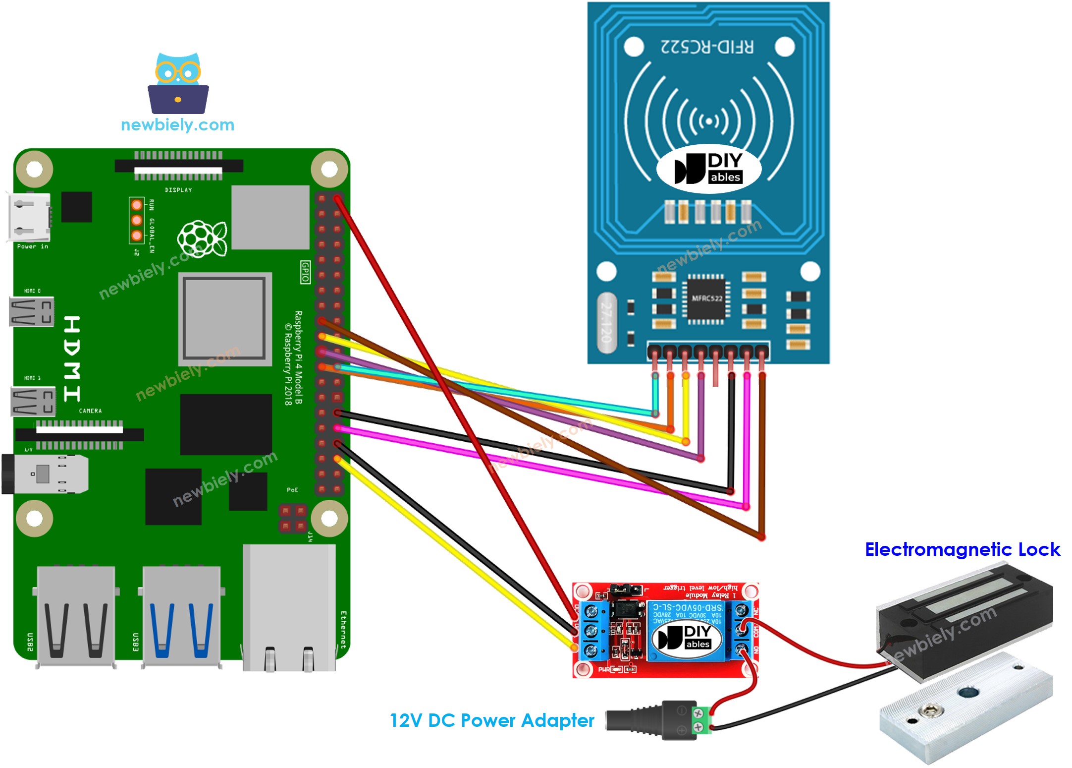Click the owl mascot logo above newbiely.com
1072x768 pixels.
click(x=178, y=83)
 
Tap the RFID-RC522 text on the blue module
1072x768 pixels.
click(x=707, y=47)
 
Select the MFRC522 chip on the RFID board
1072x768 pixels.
click(x=707, y=298)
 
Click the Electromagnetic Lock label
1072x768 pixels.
click(x=962, y=549)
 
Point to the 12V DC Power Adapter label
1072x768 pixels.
click(x=491, y=720)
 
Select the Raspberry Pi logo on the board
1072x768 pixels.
click(x=202, y=238)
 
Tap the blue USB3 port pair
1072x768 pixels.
click(x=181, y=617)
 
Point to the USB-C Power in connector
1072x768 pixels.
click(x=29, y=217)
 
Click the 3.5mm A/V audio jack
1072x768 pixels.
click(x=45, y=474)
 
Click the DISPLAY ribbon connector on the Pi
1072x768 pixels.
click(x=178, y=166)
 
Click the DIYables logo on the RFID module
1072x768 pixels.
click(x=708, y=169)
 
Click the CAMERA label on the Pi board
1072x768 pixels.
click(x=90, y=411)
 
